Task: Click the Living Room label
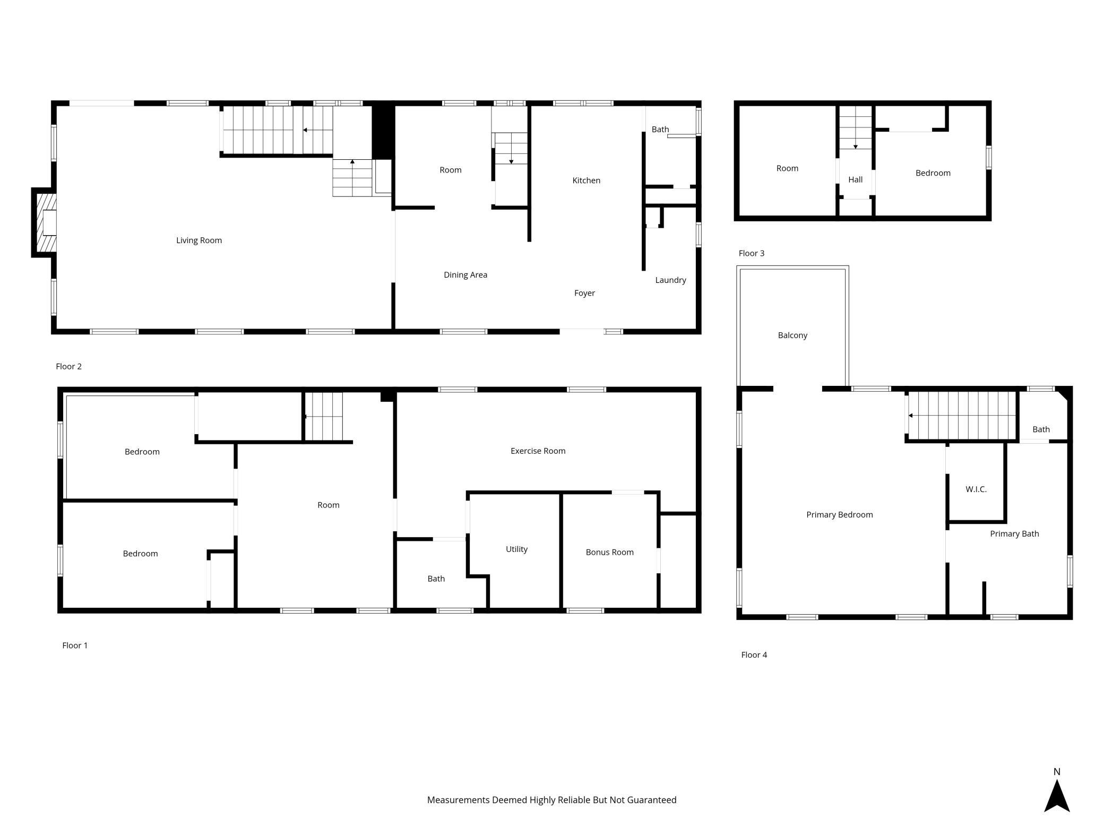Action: tap(199, 240)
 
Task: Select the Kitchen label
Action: tap(586, 180)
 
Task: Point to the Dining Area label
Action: tap(465, 275)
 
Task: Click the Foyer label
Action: tap(584, 293)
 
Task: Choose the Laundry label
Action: tap(670, 280)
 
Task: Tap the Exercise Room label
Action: tap(538, 451)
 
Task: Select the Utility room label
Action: tap(516, 549)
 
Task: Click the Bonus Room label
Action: tap(609, 553)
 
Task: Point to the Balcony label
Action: tap(792, 335)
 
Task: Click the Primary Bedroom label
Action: tap(839, 515)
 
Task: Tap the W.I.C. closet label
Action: tap(976, 489)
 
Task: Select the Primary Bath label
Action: tap(1014, 534)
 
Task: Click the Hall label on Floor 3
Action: tap(855, 180)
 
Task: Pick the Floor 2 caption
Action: tap(68, 366)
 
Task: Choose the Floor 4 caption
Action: tap(754, 655)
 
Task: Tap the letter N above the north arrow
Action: tap(1057, 772)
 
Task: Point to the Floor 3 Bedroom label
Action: tap(933, 173)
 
